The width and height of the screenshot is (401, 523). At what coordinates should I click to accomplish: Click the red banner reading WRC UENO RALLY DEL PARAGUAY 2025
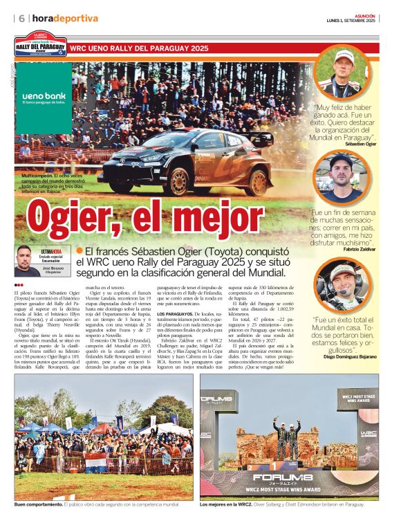pyautogui.click(x=138, y=49)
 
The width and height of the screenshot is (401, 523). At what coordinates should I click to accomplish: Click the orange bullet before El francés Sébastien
pyautogui.click(x=80, y=250)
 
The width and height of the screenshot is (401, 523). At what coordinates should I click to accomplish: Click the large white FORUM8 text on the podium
pyautogui.click(x=286, y=477)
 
